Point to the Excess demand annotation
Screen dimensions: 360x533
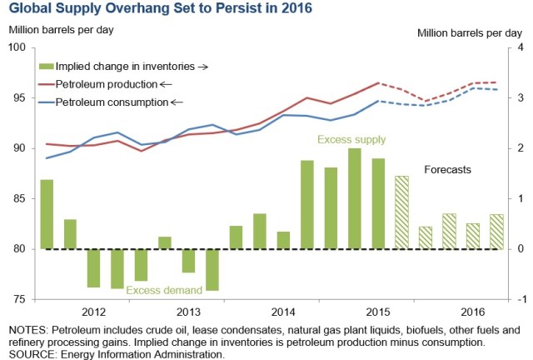pos(163,290)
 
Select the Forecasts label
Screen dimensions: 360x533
pos(447,169)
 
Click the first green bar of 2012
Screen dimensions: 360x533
pos(47,214)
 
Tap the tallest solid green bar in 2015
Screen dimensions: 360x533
pos(354,198)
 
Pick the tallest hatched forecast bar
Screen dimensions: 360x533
pos(401,212)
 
